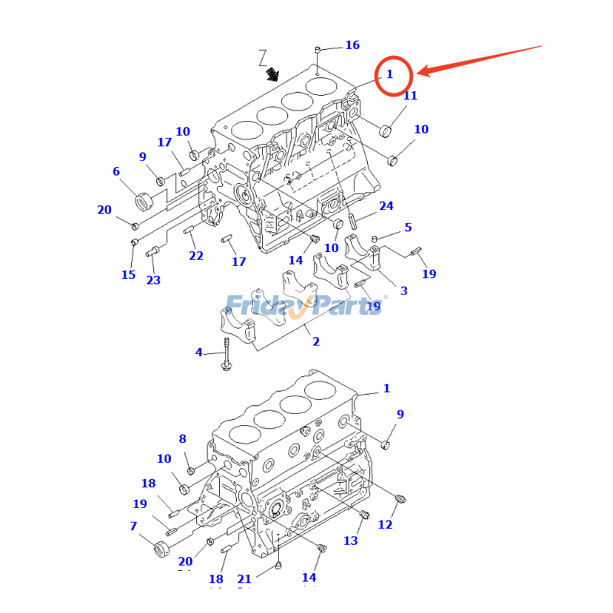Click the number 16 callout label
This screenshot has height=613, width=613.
tap(352, 45)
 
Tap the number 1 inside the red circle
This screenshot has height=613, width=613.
tap(389, 74)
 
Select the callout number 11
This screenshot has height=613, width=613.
tap(410, 96)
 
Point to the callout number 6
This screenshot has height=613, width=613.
tap(116, 172)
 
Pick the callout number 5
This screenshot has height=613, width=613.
tap(408, 228)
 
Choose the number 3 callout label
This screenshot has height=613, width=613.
tap(403, 290)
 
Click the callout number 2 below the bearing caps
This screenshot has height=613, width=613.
tap(316, 342)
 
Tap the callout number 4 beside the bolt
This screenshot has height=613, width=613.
tap(199, 352)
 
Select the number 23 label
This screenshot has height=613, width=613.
tap(153, 280)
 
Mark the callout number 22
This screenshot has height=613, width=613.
tap(196, 256)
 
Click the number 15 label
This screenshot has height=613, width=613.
tap(128, 275)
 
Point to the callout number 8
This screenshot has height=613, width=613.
tap(182, 439)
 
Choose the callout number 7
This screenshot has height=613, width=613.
tap(133, 526)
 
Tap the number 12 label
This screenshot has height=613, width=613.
tap(385, 525)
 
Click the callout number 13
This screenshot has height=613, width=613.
tap(350, 541)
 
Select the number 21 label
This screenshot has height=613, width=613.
tap(244, 579)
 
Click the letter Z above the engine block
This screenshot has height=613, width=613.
tap(263, 57)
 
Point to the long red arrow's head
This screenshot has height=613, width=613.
tap(420, 73)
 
